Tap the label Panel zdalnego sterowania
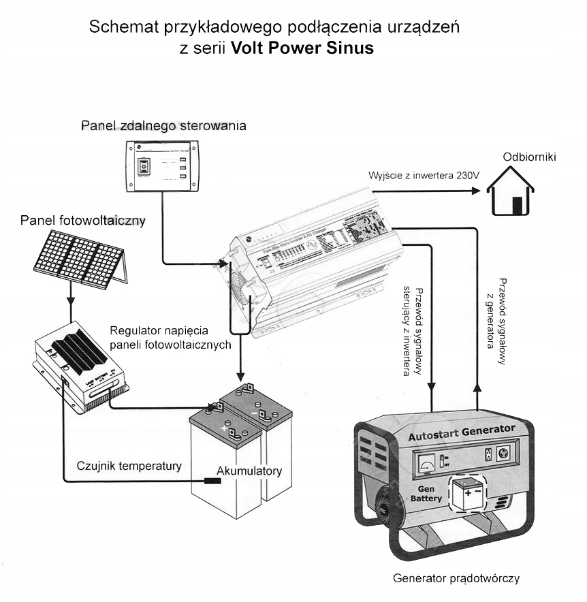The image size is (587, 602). pyautogui.click(x=163, y=126)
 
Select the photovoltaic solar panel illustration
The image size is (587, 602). pyautogui.click(x=80, y=259)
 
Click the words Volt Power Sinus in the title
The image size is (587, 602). pyautogui.click(x=302, y=48)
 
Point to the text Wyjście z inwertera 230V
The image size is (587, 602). pyautogui.click(x=424, y=175)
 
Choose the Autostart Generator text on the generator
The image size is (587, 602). pyautogui.click(x=461, y=432)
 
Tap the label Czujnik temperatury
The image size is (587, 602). pyautogui.click(x=129, y=466)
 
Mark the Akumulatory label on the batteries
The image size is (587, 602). pyautogui.click(x=249, y=471)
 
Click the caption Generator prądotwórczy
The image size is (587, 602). pyautogui.click(x=456, y=579)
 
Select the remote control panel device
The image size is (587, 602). pyautogui.click(x=162, y=167)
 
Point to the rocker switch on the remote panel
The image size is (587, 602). pyautogui.click(x=143, y=165)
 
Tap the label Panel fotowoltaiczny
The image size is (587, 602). pyautogui.click(x=83, y=221)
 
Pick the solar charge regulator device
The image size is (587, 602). pyautogui.click(x=80, y=368)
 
